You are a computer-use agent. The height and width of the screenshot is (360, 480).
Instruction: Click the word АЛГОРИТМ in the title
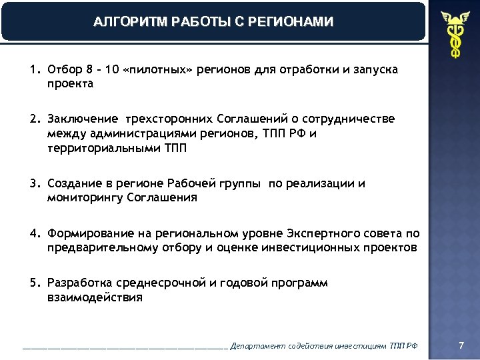click(x=122, y=21)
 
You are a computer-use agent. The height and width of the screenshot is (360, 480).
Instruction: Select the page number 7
click(x=461, y=345)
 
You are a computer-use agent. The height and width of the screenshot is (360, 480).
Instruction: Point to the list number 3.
click(x=33, y=184)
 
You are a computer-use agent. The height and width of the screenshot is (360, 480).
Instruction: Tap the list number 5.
click(x=33, y=283)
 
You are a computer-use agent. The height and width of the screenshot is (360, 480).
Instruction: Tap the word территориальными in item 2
click(x=103, y=148)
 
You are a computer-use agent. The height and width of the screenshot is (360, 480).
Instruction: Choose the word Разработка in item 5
click(x=79, y=283)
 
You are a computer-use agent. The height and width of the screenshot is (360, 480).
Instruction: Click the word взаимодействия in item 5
click(x=95, y=297)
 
